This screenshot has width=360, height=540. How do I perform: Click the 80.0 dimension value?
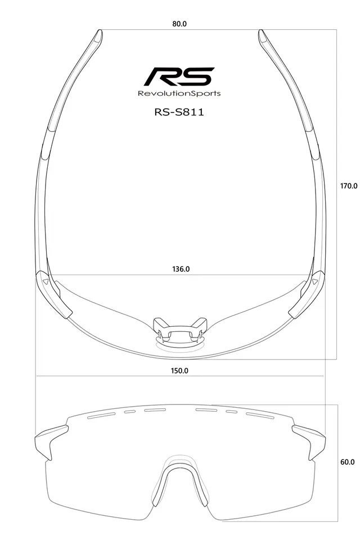pyautogui.click(x=179, y=24)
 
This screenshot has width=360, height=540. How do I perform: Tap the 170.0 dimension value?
pyautogui.click(x=349, y=186)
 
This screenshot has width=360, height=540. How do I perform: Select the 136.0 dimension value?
pyautogui.click(x=181, y=269)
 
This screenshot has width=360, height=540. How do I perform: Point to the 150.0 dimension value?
pyautogui.click(x=179, y=371)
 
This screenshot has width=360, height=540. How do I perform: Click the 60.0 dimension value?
pyautogui.click(x=347, y=462)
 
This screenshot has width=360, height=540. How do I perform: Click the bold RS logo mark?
pyautogui.click(x=179, y=76)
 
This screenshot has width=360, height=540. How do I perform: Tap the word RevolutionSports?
pyautogui.click(x=179, y=93)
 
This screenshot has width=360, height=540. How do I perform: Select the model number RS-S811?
pyautogui.click(x=179, y=112)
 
